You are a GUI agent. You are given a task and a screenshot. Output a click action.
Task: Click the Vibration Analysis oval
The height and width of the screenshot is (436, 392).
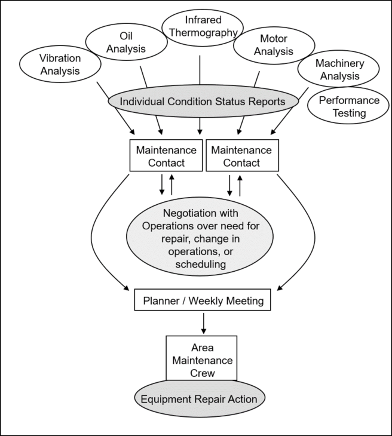59,65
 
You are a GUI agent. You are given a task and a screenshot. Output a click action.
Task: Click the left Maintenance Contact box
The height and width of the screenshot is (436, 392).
165,156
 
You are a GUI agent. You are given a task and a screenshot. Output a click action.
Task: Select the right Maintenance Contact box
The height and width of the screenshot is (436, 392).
241,156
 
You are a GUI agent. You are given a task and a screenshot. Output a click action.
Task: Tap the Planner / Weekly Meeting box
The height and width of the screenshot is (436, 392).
203,301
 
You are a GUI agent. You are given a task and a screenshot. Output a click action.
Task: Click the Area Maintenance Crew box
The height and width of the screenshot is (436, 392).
201,357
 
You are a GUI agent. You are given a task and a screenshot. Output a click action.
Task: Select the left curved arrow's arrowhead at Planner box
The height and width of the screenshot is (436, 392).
127,288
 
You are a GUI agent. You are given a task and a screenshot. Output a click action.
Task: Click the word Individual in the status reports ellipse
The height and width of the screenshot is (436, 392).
142,102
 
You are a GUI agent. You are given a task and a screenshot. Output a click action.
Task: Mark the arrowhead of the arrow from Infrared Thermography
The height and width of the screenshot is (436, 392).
199,130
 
